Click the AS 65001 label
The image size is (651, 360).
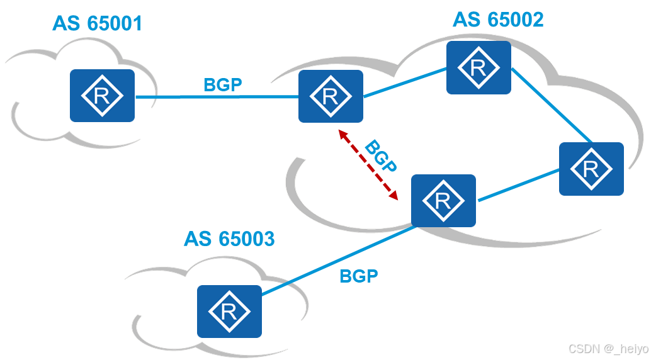98,23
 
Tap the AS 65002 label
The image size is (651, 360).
498,20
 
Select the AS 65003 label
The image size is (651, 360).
229,239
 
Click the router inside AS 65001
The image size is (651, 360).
102,96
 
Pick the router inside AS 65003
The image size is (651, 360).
229,312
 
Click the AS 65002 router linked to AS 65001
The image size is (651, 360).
331,96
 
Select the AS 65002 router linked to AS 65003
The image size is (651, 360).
443,201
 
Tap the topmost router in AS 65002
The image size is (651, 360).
478,67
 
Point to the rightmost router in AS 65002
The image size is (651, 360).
591,169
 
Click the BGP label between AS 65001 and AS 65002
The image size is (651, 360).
223,85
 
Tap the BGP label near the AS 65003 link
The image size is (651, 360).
359,276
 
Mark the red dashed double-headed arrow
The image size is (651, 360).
368,165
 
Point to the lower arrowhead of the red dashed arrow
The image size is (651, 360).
394,196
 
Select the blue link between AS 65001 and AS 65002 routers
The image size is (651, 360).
217,97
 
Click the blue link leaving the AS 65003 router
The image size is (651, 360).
339,261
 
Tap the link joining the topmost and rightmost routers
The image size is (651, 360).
552,105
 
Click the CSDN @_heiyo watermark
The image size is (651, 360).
609,349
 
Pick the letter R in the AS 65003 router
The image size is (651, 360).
229,312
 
